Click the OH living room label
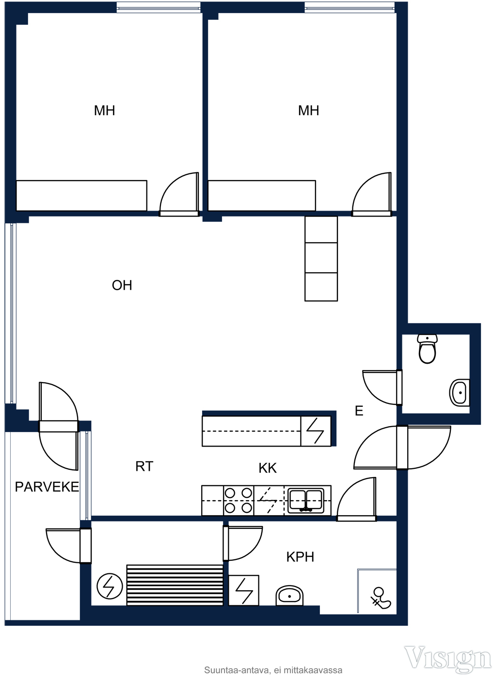click(x=122, y=285)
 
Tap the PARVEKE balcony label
click(x=47, y=487)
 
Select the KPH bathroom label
click(x=300, y=557)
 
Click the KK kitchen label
click(x=268, y=468)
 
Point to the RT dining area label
click(x=144, y=466)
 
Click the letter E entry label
click(x=359, y=411)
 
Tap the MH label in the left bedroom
click(x=105, y=110)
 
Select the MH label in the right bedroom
click(x=308, y=110)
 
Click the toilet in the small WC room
click(x=427, y=349)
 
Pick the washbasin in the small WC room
click(x=460, y=393)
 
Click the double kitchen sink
click(x=305, y=500)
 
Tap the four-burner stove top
click(x=239, y=500)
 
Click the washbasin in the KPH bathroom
click(x=289, y=595)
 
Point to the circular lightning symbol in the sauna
click(x=110, y=586)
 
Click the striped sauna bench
click(x=175, y=585)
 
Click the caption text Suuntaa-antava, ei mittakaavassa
click(x=273, y=670)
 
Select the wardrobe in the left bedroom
click(x=81, y=196)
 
